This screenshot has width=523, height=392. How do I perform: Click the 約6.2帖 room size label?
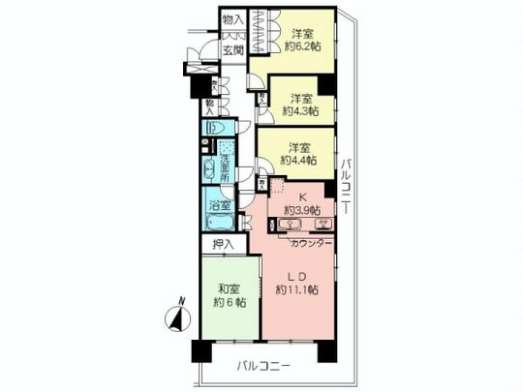(x=303, y=45)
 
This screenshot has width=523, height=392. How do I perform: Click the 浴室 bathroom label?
(x=220, y=205)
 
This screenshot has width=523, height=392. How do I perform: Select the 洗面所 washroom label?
(x=225, y=165)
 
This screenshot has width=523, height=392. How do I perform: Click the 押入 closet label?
(x=223, y=246)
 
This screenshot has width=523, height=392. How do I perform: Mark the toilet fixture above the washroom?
(x=217, y=128)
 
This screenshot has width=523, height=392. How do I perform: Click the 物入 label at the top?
(x=232, y=18)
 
